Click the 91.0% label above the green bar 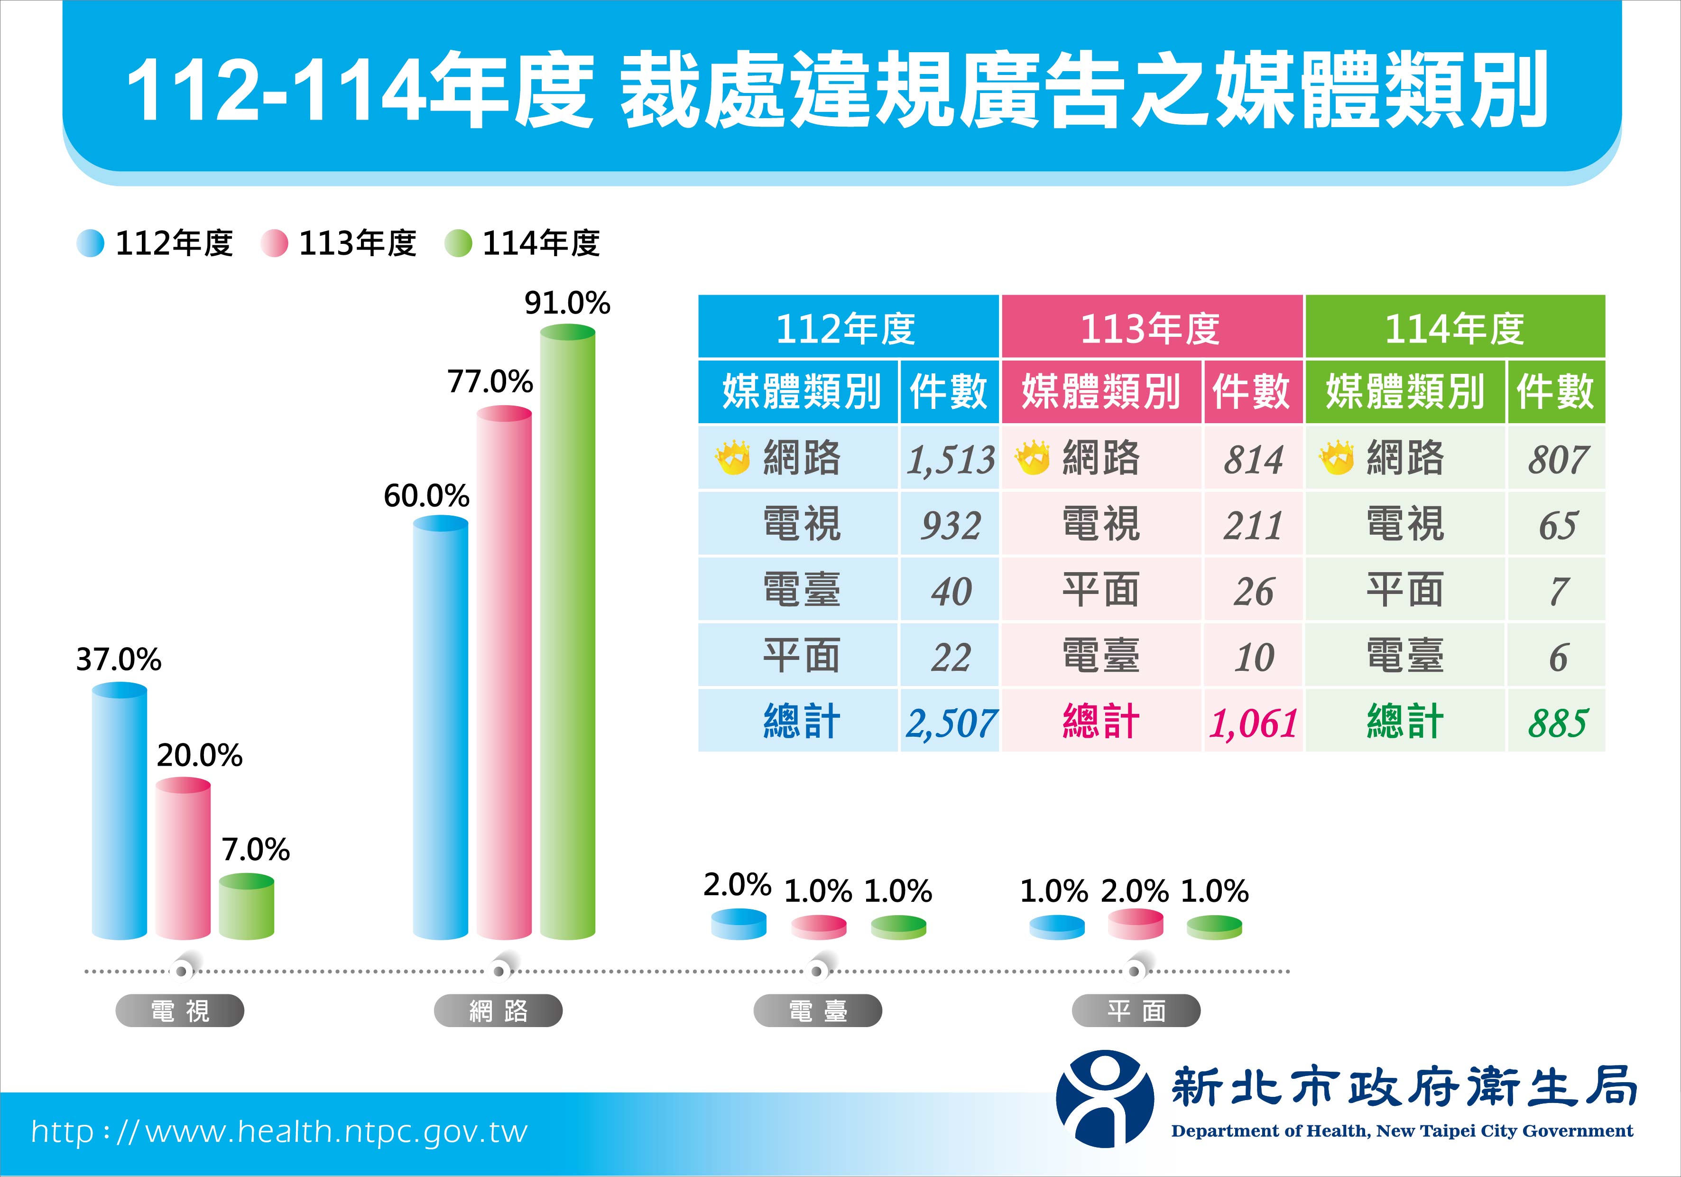point(567,303)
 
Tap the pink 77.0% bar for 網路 point(504,674)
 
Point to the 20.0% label point(199,755)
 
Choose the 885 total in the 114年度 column point(1557,723)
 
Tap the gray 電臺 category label point(818,1011)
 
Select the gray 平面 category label point(1136,1011)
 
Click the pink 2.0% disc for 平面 point(1136,924)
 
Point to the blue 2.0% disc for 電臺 point(739,924)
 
